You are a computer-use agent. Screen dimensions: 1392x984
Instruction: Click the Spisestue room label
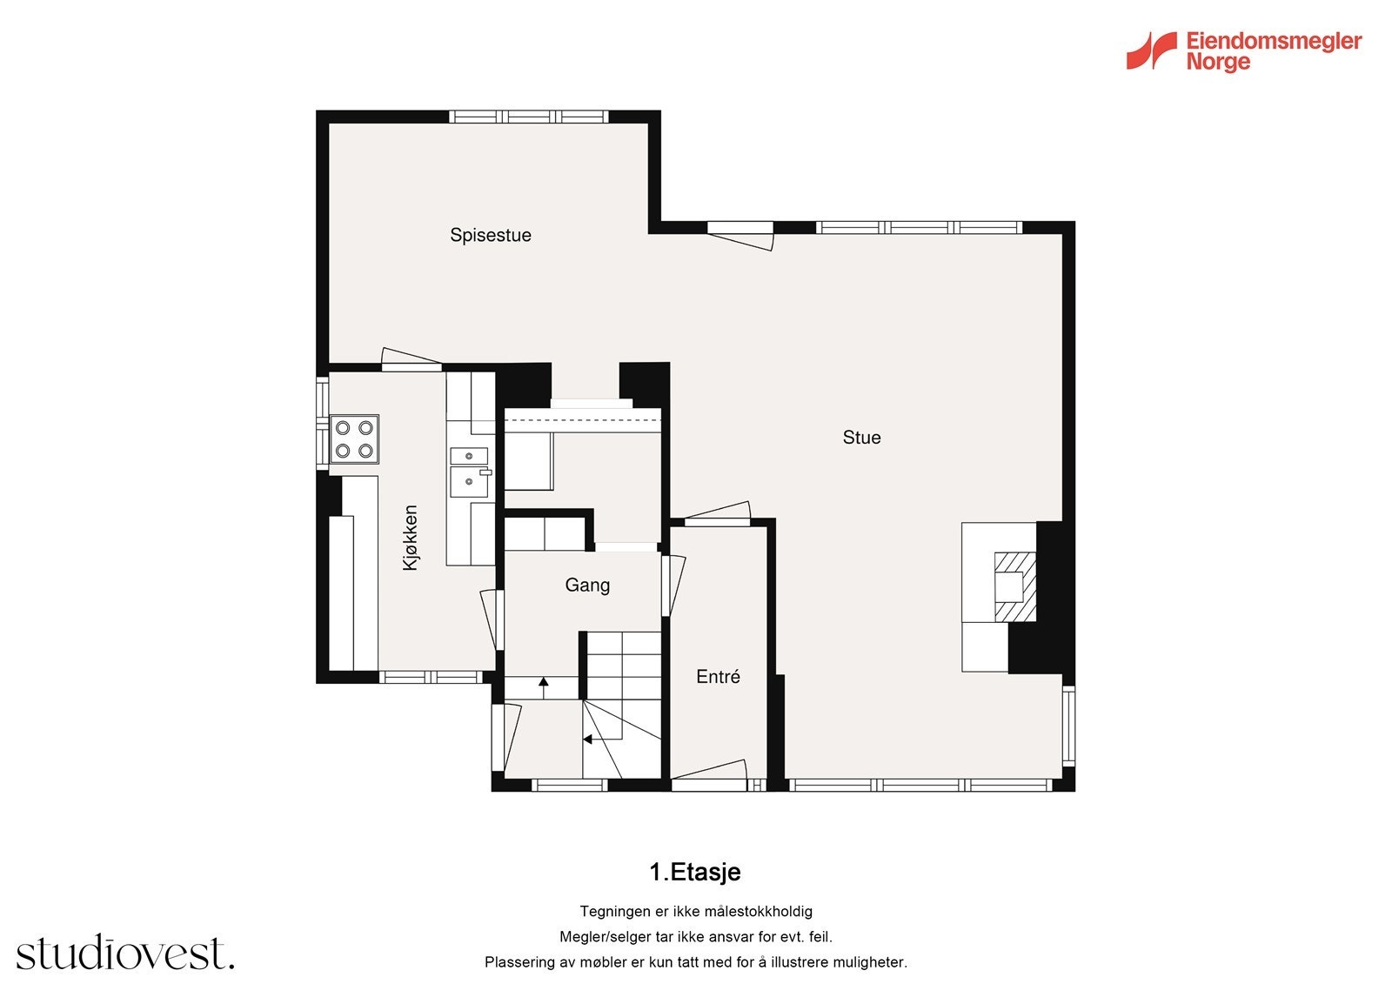pos(491,236)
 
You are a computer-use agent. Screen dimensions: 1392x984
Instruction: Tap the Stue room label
pos(861,438)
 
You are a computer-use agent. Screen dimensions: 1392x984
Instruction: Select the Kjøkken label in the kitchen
pos(410,538)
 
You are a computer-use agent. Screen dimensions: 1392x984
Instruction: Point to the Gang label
pos(587,586)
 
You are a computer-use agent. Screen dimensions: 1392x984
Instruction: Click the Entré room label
pos(718,676)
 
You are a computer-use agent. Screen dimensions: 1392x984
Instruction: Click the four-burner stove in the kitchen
pos(354,438)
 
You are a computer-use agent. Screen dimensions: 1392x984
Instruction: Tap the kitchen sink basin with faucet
pos(470,482)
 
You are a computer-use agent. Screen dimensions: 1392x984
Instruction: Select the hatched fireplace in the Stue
pos(1014,586)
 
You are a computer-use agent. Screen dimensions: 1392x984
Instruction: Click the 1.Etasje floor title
pos(695,872)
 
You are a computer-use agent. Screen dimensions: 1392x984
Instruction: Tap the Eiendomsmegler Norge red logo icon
pos(1152,51)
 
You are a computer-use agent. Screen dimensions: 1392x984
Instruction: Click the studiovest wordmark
pos(125,952)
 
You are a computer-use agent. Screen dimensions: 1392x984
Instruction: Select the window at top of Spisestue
pos(528,117)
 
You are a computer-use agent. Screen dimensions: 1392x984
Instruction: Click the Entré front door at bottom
pos(708,775)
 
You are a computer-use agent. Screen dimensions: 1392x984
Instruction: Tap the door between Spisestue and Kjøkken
pos(412,359)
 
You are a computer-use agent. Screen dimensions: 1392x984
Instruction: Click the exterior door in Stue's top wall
pos(740,236)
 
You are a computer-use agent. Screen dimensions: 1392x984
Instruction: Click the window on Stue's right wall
pos(1068,726)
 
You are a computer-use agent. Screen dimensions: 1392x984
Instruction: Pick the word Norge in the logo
pos(1218,63)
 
